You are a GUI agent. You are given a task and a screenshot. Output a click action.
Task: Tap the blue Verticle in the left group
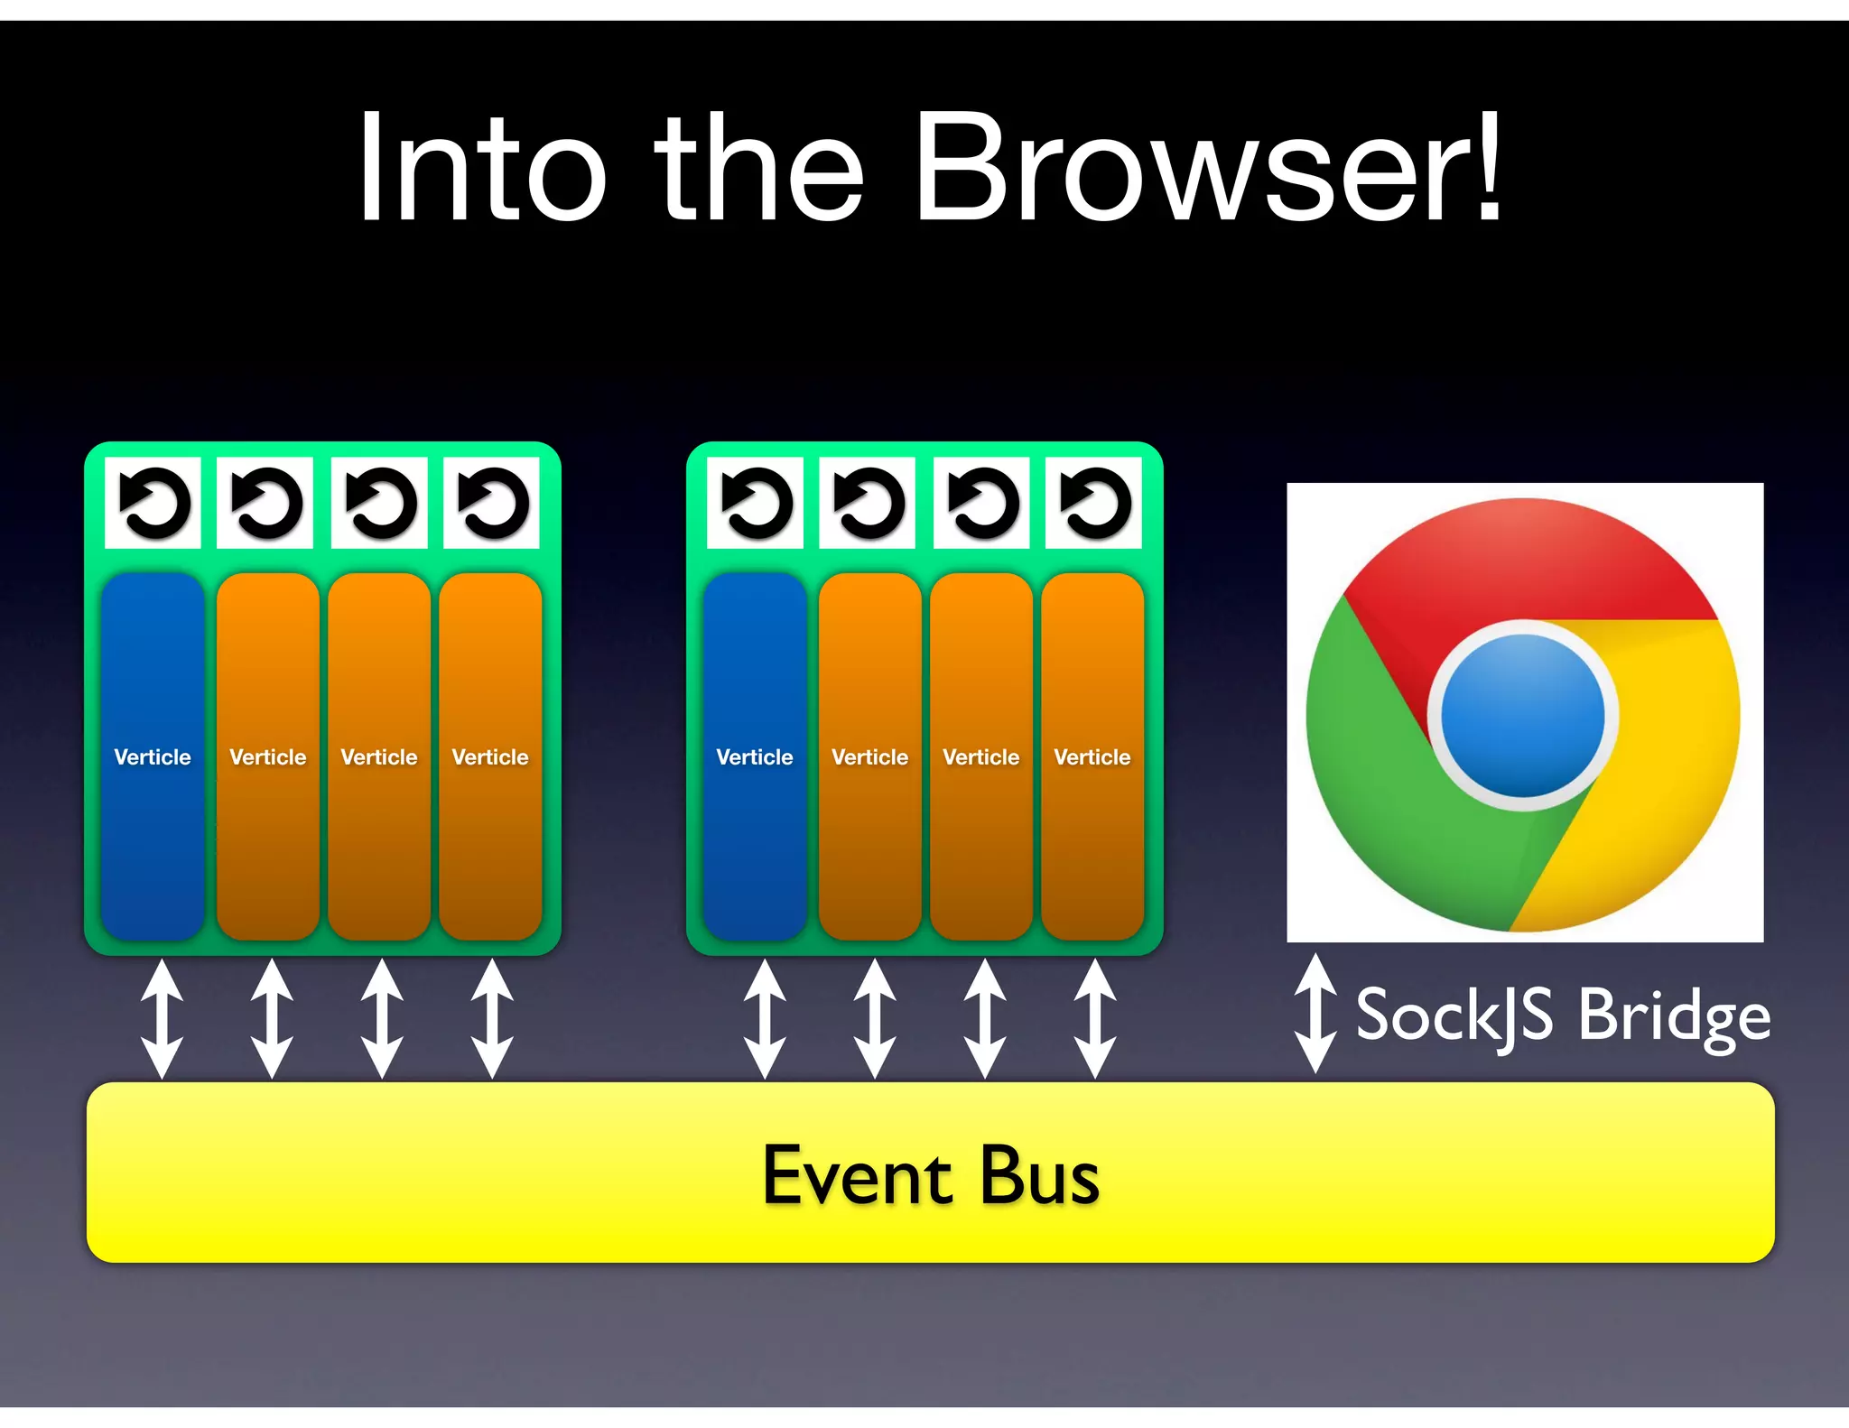tap(153, 756)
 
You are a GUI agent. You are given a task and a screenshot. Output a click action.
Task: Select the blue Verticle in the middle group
tap(755, 756)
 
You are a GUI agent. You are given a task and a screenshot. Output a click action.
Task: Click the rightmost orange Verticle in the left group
tap(490, 756)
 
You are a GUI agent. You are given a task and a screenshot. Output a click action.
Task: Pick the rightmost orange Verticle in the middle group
tap(1092, 756)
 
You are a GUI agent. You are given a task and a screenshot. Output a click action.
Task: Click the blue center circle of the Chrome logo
tap(1523, 715)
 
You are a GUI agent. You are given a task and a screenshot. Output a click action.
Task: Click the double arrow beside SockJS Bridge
tap(1315, 1014)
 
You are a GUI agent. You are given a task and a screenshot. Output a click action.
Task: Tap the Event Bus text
tap(931, 1175)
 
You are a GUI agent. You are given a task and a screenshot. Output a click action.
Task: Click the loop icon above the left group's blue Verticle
tap(153, 503)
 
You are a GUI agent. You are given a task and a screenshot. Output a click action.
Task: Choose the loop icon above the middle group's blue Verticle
tap(756, 503)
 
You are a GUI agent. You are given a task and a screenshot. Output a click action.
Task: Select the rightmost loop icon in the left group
tap(492, 503)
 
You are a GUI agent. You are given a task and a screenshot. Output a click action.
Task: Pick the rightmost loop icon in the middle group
tap(1093, 503)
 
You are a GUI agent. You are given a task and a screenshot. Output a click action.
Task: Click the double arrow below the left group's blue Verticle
tap(163, 1018)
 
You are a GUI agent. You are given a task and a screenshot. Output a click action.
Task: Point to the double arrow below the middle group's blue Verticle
tap(765, 1018)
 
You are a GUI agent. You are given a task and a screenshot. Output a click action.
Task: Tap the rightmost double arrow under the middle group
tap(1095, 1018)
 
